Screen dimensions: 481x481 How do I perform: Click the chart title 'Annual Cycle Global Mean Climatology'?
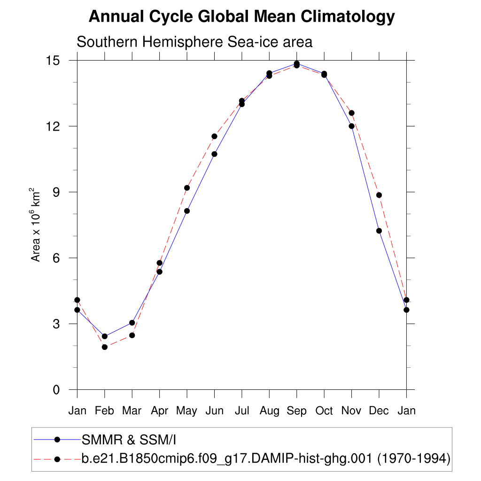click(241, 17)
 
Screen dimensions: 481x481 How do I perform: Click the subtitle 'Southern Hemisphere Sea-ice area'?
click(194, 42)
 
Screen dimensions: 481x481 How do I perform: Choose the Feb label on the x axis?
click(104, 411)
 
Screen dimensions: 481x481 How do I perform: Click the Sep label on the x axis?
click(296, 411)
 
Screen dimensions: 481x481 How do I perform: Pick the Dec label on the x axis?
click(379, 411)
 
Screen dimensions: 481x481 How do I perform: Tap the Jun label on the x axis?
click(214, 411)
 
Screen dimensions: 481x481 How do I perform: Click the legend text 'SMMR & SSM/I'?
click(129, 440)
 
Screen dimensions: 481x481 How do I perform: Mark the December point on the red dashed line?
click(379, 195)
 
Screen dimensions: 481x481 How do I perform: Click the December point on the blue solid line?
click(379, 231)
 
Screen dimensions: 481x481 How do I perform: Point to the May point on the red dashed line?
click(187, 188)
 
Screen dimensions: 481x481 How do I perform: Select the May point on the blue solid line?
click(187, 211)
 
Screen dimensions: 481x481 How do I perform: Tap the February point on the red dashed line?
click(105, 347)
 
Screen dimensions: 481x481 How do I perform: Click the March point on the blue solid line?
click(132, 323)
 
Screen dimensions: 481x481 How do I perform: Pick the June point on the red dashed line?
click(214, 136)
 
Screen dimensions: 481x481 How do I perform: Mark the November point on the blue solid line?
click(351, 126)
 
